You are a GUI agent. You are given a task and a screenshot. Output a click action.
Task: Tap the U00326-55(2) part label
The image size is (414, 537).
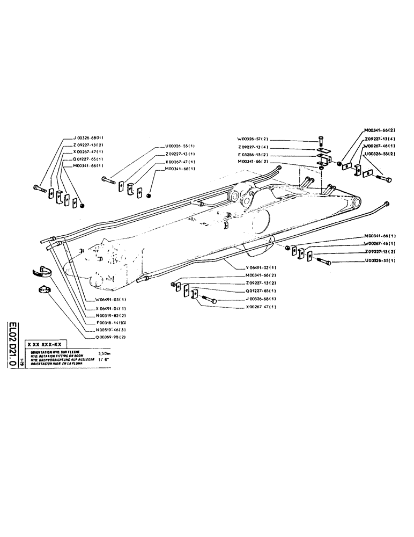pyautogui.click(x=380, y=153)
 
